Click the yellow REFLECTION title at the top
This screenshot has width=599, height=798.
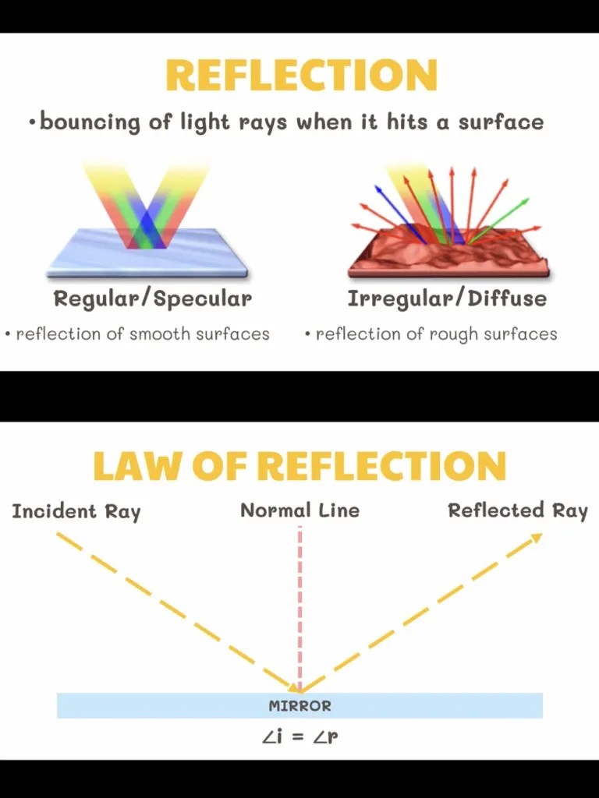[x=301, y=76]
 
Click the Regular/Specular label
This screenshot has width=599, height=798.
[x=153, y=298]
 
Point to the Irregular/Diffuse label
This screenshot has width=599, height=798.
[x=447, y=298]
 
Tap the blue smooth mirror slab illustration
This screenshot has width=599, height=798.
[x=147, y=253]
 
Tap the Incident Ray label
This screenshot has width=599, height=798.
[x=76, y=512]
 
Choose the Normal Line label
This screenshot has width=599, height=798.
[x=299, y=511]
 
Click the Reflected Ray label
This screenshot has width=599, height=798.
[x=518, y=511]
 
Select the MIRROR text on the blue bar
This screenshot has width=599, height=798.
[x=299, y=706]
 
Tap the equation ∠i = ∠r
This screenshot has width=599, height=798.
[x=299, y=736]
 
